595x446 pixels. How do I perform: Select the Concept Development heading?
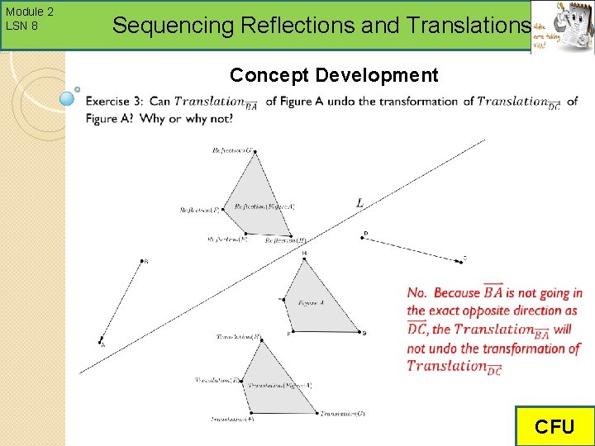point(334,76)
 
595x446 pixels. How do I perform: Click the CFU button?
point(554,426)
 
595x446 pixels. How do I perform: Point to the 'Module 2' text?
point(29,12)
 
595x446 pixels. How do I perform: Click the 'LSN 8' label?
point(21,26)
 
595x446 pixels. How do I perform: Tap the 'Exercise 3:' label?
point(114,102)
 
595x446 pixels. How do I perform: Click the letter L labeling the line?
point(359,202)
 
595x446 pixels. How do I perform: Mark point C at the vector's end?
point(459,261)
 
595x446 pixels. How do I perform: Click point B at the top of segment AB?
point(143,262)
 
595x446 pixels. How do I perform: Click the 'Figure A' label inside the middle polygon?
point(312,303)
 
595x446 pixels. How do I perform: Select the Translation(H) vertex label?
point(239,337)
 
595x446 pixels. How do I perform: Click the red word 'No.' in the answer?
point(417,292)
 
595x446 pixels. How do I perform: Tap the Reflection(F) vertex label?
point(199,210)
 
